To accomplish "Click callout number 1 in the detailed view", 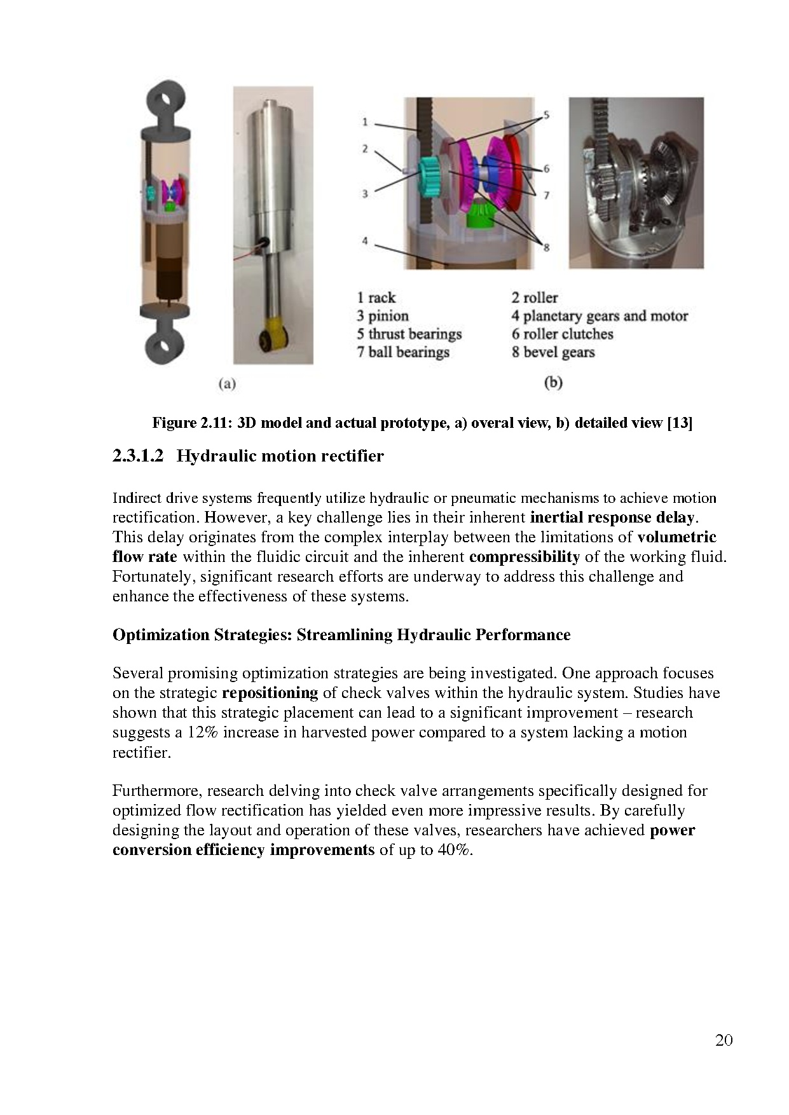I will (x=365, y=121).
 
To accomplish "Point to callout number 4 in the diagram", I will (x=365, y=241).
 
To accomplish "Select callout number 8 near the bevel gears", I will (x=545, y=248).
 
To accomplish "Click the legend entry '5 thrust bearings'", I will (x=409, y=334).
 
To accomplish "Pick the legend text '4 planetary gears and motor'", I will (x=599, y=316).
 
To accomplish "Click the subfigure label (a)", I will (x=227, y=383).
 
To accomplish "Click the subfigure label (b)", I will (x=553, y=383).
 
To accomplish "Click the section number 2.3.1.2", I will (x=138, y=456).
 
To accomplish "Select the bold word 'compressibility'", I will (x=524, y=557).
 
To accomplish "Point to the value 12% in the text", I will (x=203, y=732).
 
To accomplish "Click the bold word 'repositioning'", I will (x=270, y=693).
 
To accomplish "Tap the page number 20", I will (x=724, y=1040).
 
